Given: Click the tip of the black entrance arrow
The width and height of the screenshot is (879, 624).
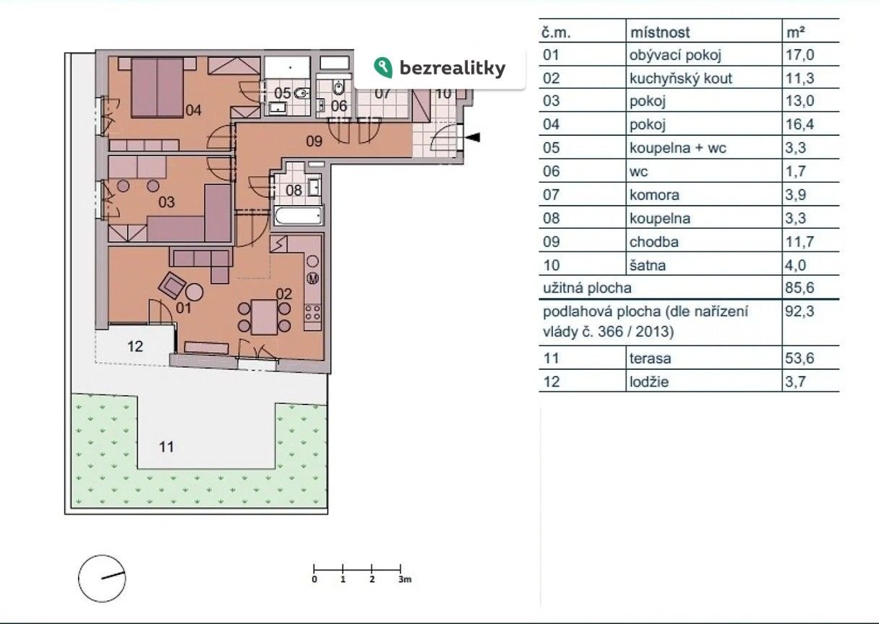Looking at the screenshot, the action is (x=465, y=137).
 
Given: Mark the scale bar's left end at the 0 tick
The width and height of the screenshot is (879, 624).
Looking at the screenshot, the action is (x=314, y=569).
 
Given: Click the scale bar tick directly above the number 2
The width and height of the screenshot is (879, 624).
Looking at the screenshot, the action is (x=372, y=569).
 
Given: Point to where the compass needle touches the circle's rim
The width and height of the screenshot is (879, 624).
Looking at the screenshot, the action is (x=125, y=573).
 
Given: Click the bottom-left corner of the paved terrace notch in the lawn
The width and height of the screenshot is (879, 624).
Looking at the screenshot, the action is (x=137, y=469).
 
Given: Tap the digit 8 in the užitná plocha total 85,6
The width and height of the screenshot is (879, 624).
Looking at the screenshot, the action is (x=789, y=287).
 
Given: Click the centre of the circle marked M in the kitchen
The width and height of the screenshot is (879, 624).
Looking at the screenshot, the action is (x=313, y=278).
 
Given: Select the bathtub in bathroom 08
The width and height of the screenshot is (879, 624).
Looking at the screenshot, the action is (x=299, y=216).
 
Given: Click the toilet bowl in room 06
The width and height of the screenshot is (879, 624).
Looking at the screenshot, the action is (x=338, y=88).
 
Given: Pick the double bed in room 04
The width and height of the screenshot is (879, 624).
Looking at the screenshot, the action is (x=158, y=88).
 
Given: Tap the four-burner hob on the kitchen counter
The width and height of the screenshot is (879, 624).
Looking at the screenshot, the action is (x=313, y=313).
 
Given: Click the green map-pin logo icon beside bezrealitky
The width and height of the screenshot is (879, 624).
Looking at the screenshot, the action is (x=383, y=67).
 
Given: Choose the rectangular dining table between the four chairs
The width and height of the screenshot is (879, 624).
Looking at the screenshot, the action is (x=264, y=317).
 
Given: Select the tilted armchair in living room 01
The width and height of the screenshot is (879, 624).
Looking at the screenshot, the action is (x=172, y=285).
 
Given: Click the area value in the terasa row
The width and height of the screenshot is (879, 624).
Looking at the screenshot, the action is (x=799, y=357).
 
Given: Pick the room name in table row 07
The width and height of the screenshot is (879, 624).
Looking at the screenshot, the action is (x=654, y=195).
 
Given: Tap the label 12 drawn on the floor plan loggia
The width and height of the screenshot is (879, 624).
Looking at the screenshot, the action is (x=135, y=347).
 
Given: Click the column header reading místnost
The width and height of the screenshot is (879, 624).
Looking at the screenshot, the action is (x=660, y=32).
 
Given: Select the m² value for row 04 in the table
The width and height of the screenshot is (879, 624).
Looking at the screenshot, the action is (x=799, y=124).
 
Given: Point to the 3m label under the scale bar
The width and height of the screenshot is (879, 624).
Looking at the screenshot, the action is (x=405, y=579).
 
